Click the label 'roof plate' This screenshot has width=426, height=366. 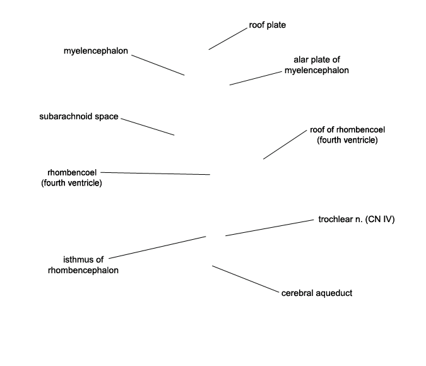click(268, 25)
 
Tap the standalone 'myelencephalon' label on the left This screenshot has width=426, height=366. click(96, 51)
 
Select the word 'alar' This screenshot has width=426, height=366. click(300, 59)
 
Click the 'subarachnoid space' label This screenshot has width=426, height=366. click(79, 117)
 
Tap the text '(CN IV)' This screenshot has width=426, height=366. click(380, 219)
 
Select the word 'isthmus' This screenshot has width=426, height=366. click(76, 260)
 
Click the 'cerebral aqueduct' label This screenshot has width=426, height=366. click(317, 293)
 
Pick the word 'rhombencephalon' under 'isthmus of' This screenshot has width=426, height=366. click(83, 270)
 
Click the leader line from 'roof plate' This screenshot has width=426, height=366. click(228, 39)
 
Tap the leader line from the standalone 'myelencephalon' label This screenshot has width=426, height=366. click(158, 65)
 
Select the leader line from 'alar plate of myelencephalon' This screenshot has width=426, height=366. click(256, 78)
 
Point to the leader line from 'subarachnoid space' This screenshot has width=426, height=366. click(148, 127)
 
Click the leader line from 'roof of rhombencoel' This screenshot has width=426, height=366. click(285, 145)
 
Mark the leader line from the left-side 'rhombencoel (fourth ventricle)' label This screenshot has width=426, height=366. click(155, 174)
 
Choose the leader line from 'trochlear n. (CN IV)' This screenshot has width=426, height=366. click(269, 228)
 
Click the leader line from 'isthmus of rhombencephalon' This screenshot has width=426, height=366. click(157, 247)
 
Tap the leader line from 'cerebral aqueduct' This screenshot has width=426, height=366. click(246, 279)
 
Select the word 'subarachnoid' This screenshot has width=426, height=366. click(66, 117)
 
